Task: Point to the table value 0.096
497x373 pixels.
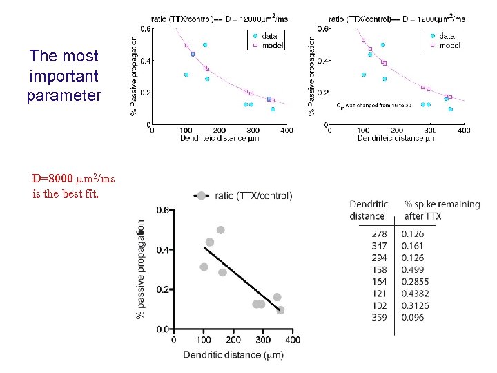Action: point(413,317)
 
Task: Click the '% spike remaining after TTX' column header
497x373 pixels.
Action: point(441,210)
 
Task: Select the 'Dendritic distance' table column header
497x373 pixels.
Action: point(369,210)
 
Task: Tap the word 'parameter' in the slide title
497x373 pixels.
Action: point(64,95)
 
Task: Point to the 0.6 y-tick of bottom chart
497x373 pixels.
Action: point(162,209)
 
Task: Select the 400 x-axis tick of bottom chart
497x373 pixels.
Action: point(293,340)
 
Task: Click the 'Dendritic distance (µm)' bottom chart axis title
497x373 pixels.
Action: point(233,355)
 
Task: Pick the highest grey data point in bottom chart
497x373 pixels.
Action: point(221,230)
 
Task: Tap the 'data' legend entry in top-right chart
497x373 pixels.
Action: point(446,36)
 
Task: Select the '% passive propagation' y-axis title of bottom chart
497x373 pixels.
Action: point(142,269)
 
